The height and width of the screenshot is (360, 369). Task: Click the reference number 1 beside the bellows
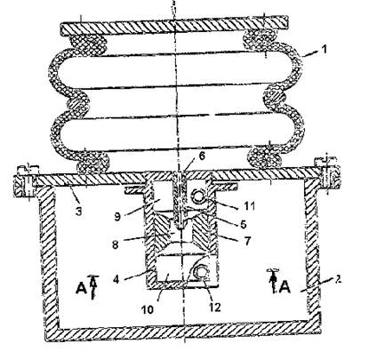point(325,49)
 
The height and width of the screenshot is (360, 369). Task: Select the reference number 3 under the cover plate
point(79,212)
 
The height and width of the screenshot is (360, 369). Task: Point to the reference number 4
point(116,279)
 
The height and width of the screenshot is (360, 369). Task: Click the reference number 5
point(243,224)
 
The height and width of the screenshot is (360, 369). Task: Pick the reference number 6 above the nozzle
point(202,156)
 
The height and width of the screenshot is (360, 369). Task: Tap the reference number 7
point(247,240)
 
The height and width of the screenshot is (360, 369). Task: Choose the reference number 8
point(116,244)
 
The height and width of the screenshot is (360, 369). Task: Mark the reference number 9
point(117,217)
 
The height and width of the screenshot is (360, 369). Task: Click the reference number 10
point(148,309)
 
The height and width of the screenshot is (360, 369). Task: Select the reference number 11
point(249,205)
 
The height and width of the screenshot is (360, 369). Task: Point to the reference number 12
point(215,308)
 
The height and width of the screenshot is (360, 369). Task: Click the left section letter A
point(81,288)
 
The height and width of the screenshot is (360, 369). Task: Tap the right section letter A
point(285,287)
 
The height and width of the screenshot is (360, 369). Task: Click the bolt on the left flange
point(26,184)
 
